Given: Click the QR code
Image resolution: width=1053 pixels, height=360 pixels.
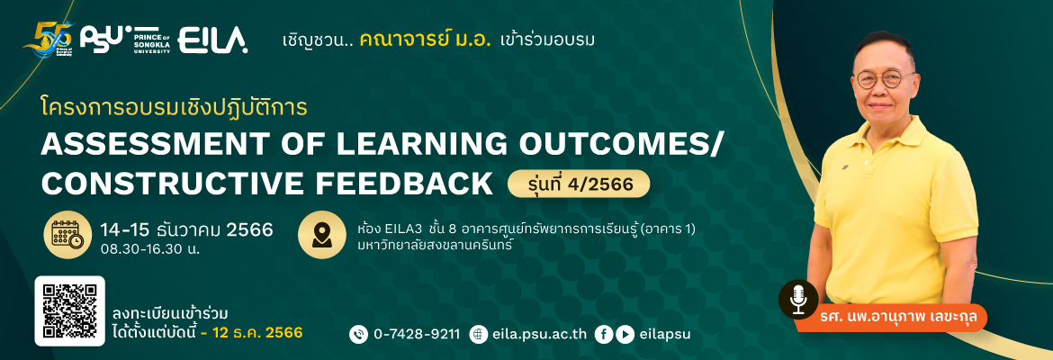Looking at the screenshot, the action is click(70, 310).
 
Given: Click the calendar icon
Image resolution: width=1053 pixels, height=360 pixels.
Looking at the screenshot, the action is click(67, 235).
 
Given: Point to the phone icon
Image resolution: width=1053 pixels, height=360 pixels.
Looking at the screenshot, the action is click(358, 334).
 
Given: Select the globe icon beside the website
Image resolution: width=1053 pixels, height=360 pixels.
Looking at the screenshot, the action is click(478, 334).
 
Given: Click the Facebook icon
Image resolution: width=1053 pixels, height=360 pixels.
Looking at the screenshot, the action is click(604, 334).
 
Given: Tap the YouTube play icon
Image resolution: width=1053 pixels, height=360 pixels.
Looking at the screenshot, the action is click(625, 334).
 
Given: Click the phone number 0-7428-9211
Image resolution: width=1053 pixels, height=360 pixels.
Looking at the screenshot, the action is click(417, 334).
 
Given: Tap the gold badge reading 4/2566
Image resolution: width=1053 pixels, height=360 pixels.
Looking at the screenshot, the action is click(579, 184).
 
